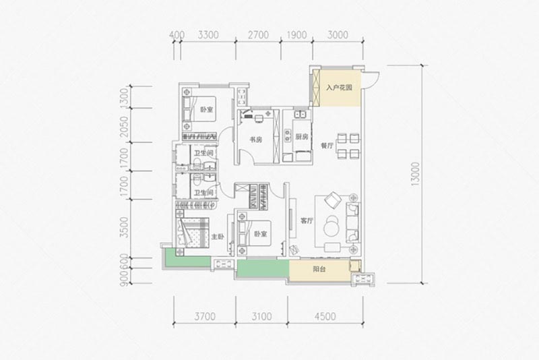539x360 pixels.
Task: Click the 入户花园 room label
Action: pos(340,87)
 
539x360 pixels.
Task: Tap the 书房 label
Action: pos(256,140)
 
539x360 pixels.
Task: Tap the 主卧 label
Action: pos(217,237)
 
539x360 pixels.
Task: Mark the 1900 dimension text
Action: pos(296,35)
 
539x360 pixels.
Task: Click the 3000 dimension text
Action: pos(338,35)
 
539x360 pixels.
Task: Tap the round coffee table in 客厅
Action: pos(333,223)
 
